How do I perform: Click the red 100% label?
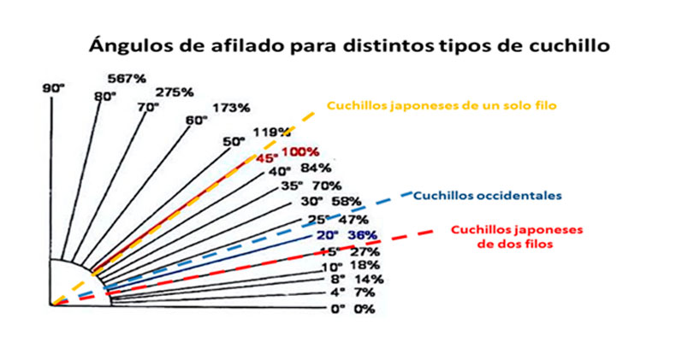[x=296, y=152]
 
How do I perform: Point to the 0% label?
[x=365, y=309]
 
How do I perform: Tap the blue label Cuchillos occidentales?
[x=487, y=195]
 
